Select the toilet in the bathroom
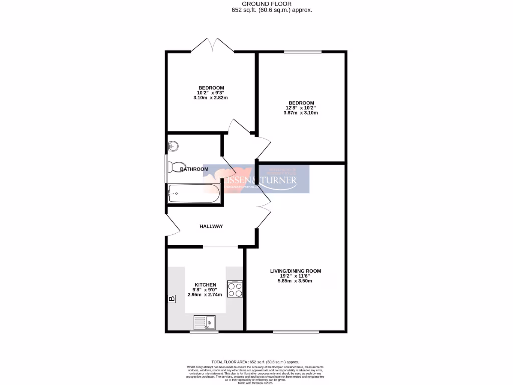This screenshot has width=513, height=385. tap(176, 167)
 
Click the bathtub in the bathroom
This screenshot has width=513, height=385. tap(194, 193)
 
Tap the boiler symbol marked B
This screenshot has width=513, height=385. tap(172, 299)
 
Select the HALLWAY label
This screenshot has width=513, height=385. tap(211, 226)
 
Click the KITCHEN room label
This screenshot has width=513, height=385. tap(205, 284)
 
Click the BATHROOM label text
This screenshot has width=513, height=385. tap(194, 169)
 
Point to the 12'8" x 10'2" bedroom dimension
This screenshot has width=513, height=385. tap(301, 108)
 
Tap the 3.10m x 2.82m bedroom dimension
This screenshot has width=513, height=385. tap(210, 98)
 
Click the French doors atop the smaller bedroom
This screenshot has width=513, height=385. tap(212, 46)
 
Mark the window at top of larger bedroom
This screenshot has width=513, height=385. tap(303, 52)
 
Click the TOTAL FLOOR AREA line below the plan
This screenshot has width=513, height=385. tap(255, 362)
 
